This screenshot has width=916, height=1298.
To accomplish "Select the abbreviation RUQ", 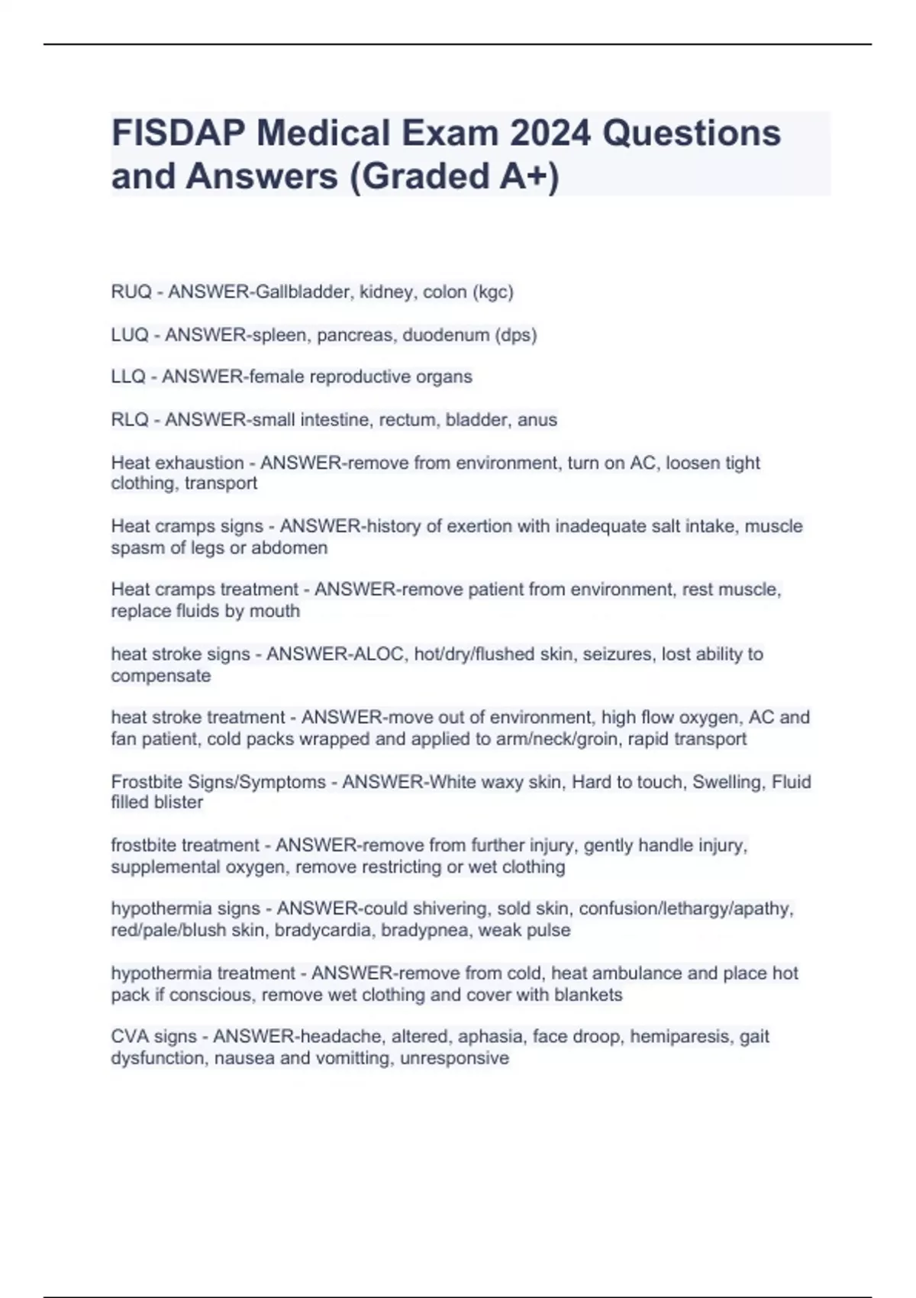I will coord(131,292).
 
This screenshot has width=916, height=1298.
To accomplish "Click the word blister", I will coord(179,802).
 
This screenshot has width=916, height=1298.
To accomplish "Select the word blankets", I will coord(587,994).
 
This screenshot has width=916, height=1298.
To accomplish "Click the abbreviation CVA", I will coord(130,1036).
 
